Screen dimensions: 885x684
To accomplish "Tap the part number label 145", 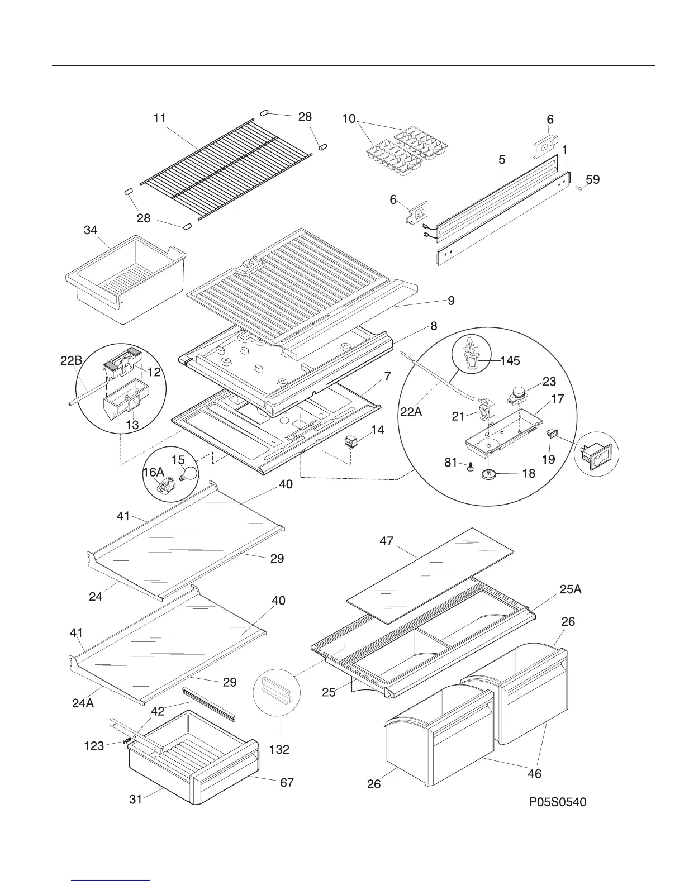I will pos(509,360).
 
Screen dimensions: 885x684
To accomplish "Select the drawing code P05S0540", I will pos(558,803).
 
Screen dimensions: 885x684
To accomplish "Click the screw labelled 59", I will pos(579,189).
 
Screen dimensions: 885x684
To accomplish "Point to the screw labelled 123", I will pos(126,740).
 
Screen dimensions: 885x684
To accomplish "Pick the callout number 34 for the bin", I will pos(91,230).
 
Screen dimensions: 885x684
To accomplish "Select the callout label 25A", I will pos(571,588).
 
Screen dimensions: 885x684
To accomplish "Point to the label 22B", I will pos(72,361).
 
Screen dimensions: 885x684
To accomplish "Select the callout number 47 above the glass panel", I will pos(387,541).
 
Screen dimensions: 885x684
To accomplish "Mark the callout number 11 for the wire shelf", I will pos(160,118).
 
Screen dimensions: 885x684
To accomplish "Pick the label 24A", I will pos(83,703).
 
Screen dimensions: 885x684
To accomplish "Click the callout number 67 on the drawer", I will pos(287,783).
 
